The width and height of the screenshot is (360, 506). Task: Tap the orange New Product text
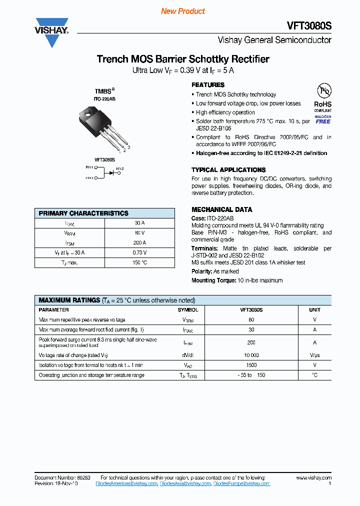pos(182,11)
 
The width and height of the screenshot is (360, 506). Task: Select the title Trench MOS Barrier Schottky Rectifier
pos(182,59)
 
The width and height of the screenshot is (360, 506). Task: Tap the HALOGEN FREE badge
pos(322,119)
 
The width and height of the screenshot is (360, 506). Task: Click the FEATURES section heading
pos(208,85)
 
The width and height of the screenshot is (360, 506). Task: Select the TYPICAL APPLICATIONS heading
pos(228,170)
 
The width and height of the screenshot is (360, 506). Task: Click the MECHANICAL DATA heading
pos(221,209)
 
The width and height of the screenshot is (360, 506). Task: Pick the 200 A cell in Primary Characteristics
pos(140,242)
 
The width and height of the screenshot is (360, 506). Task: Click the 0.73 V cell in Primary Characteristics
pos(140,252)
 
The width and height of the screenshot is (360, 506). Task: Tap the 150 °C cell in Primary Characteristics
pos(140,262)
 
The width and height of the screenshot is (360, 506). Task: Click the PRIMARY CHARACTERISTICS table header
pos(83,213)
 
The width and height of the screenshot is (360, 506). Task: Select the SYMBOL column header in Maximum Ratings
pos(187,310)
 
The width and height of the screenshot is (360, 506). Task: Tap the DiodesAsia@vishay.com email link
pos(184,483)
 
